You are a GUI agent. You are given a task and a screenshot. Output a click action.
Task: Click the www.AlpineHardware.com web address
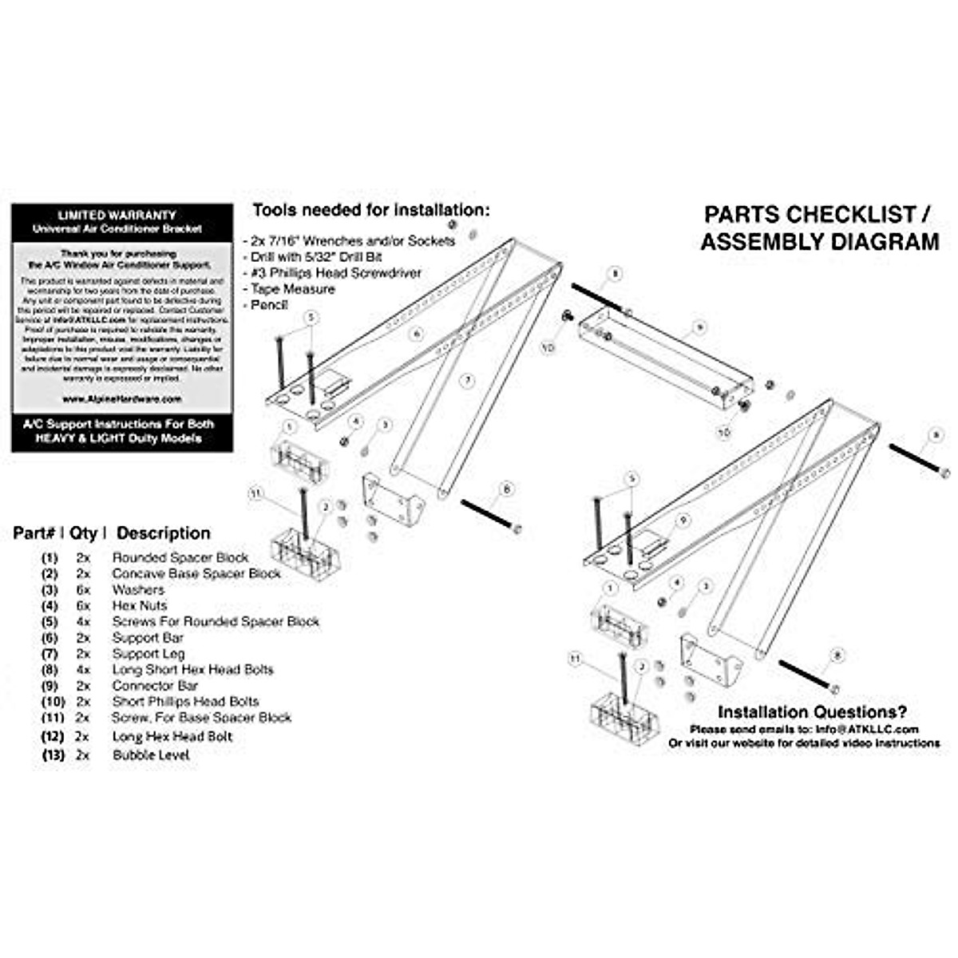[x=122, y=398]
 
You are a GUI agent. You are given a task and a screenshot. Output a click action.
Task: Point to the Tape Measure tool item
[x=292, y=289]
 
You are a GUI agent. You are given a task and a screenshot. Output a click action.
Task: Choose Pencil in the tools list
[x=269, y=305]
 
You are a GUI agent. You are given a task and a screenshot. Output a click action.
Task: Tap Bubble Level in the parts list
[x=151, y=754]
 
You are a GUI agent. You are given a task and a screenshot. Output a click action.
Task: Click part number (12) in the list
[x=53, y=736]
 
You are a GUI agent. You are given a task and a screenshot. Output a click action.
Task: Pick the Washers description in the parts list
[x=137, y=589]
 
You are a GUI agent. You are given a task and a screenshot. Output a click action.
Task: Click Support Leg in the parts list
[x=148, y=653]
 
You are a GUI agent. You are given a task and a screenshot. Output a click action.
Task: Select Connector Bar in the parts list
[x=155, y=685]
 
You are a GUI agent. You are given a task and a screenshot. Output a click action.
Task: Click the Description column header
[x=164, y=533]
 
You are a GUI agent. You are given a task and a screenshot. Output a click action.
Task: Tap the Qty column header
[x=83, y=533]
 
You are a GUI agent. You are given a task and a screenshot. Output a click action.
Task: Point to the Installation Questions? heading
[x=812, y=712]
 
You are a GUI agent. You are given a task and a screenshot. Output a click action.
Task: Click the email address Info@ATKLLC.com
[x=867, y=729]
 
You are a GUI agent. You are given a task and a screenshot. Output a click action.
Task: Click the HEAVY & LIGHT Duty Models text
[x=122, y=438]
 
